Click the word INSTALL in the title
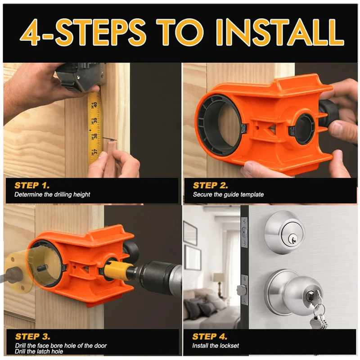(x=280, y=32)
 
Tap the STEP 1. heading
(x=32, y=185)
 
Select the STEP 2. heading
(x=210, y=185)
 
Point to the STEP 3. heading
(x=32, y=337)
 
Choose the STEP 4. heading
(x=210, y=337)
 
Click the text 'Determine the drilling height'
(x=52, y=195)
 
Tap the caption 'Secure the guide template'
(x=228, y=195)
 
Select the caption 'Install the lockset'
(x=216, y=346)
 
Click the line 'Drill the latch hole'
(x=39, y=351)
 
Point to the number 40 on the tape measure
(x=95, y=105)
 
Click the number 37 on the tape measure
(x=95, y=152)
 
